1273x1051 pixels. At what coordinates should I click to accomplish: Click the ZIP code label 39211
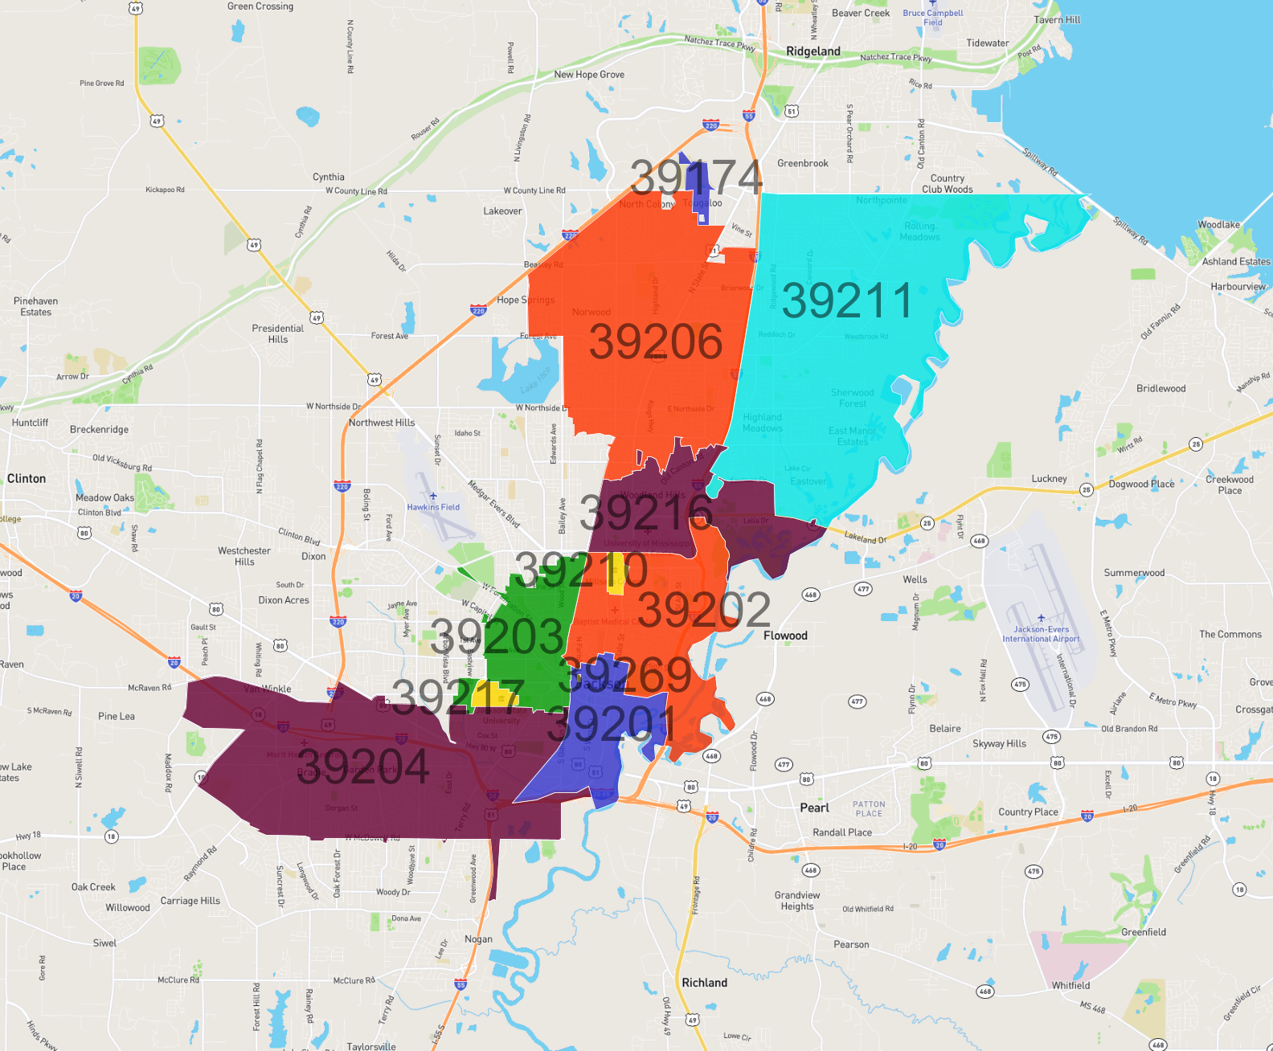click(847, 301)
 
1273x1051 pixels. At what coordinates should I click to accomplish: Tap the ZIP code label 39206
click(656, 341)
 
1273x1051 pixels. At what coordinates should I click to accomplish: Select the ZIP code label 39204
click(363, 766)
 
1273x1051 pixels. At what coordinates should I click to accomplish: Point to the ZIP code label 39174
click(696, 177)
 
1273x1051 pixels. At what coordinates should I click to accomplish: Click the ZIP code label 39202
click(704, 610)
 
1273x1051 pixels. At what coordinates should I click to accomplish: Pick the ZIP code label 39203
click(497, 637)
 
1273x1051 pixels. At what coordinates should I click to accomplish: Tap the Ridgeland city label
click(813, 51)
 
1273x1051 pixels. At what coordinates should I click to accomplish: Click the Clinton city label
click(27, 479)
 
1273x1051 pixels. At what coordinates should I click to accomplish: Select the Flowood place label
click(785, 636)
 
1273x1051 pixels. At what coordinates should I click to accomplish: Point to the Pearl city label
click(814, 808)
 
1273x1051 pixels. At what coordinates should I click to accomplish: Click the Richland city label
click(704, 983)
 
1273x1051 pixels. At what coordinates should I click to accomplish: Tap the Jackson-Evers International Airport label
click(1041, 634)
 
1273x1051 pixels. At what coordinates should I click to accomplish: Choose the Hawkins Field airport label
click(433, 507)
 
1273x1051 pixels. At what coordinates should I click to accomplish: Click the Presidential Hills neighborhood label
click(278, 333)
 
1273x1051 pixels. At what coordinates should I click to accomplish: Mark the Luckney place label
click(1050, 479)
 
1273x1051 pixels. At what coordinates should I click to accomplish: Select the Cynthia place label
click(329, 177)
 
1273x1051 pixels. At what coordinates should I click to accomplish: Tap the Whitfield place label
click(1071, 985)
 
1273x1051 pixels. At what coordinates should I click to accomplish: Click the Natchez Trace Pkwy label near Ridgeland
click(895, 58)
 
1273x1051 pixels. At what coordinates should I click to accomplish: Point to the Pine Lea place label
click(117, 716)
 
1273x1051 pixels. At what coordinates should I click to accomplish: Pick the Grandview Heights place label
click(797, 901)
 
